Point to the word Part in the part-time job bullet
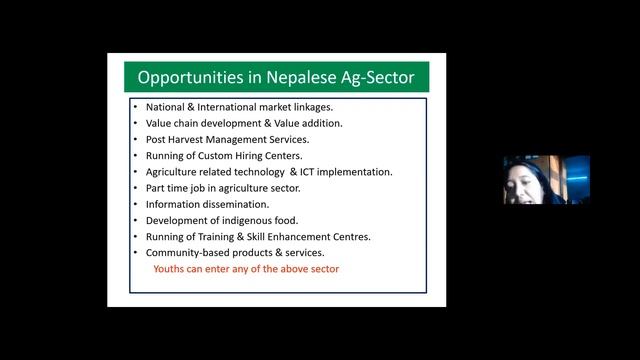(157, 188)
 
